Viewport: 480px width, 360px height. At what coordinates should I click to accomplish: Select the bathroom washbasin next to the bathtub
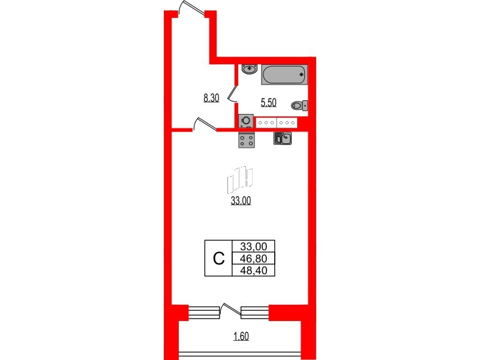(248, 69)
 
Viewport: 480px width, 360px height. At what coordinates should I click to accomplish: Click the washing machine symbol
(246, 121)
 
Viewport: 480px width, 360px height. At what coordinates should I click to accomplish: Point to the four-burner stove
(246, 140)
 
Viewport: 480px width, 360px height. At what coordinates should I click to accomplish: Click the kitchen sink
(283, 139)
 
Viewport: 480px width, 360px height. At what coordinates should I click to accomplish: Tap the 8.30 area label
(212, 98)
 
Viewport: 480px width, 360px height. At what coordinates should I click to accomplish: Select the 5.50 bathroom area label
(268, 103)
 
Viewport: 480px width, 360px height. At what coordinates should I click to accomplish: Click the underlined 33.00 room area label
(241, 202)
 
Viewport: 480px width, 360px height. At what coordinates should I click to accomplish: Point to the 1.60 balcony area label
(241, 336)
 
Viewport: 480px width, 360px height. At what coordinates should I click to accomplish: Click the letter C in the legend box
(219, 259)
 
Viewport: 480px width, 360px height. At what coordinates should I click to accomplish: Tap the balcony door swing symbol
(227, 309)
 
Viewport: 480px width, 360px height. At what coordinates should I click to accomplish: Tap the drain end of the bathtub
(301, 74)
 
